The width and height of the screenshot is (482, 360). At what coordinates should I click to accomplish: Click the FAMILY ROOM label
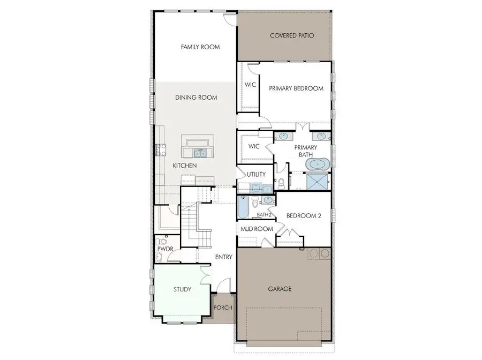pos(200,47)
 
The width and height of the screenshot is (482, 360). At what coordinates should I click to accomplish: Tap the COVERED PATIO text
pos(291,36)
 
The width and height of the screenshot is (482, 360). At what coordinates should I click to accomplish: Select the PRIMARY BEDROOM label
pos(296,88)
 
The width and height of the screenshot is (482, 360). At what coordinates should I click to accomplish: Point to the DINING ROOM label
pos(196,97)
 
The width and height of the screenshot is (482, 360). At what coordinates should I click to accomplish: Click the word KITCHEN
pos(184,166)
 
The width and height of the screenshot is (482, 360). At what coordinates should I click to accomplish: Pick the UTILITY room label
pos(256,175)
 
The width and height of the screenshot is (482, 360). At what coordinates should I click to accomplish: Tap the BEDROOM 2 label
pos(304,216)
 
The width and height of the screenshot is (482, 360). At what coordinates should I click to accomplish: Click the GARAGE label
pos(280,289)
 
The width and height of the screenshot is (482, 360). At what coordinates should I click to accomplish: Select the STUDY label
pos(182,289)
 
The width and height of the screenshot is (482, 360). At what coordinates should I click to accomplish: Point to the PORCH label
pos(223,307)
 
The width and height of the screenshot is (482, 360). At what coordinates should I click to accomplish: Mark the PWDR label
pos(164,250)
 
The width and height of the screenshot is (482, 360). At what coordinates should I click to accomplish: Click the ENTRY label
pos(223,257)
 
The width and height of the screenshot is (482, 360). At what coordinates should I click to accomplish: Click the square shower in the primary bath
pos(317,182)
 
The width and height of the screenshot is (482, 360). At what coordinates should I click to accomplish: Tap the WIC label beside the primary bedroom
pos(250,85)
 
